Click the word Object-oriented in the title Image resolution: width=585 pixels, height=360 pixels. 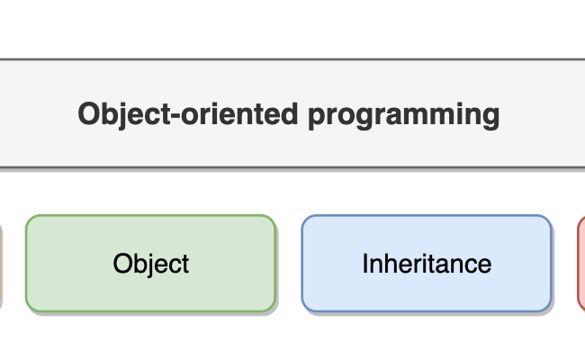pyautogui.click(x=189, y=115)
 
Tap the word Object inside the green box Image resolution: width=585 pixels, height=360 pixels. pyautogui.click(x=151, y=264)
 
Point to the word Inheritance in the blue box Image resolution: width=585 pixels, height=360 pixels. pyautogui.click(x=427, y=264)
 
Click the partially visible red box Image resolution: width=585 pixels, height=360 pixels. pyautogui.click(x=580, y=263)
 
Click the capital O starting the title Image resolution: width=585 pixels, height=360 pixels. pyautogui.click(x=88, y=115)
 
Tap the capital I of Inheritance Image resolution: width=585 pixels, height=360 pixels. pyautogui.click(x=364, y=264)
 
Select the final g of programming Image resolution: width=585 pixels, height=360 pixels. pyautogui.click(x=490, y=118)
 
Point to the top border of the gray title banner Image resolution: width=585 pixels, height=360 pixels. pyautogui.click(x=292, y=60)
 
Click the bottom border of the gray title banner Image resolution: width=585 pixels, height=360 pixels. pyautogui.click(x=292, y=167)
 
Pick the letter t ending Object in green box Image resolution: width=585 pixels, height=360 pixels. pyautogui.click(x=184, y=264)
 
